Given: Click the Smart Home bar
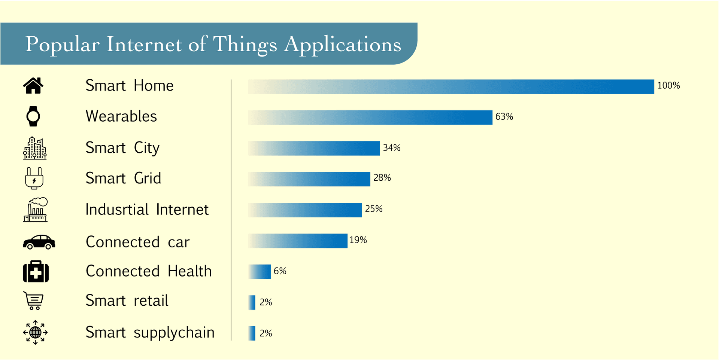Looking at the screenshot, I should coord(451,87).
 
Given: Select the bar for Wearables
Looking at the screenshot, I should coord(370,118).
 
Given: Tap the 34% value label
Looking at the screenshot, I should coord(392,148).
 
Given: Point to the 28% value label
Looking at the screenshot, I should coord(382,178).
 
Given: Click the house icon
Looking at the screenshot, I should coord(33,86).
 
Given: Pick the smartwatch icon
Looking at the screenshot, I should coord(33,116).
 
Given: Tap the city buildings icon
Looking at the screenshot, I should coord(35,148).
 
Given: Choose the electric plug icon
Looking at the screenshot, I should coord(34,178).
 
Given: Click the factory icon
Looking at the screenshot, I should coord(36,210).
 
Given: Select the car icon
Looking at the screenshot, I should coord(39,242).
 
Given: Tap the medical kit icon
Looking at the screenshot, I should coord(36,271).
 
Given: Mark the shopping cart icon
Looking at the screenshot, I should coord(34,300).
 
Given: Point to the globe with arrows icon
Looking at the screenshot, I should coord(35,332).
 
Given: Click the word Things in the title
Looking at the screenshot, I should coord(245,45).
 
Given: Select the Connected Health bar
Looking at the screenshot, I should coord(260,272).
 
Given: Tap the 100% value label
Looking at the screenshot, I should coord(668,86).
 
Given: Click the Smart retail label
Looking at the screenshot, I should coord(127,300).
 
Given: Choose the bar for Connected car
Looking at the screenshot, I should coord(298,241).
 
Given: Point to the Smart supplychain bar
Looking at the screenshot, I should coord(252,333).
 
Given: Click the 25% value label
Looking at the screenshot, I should coord(374,209).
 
